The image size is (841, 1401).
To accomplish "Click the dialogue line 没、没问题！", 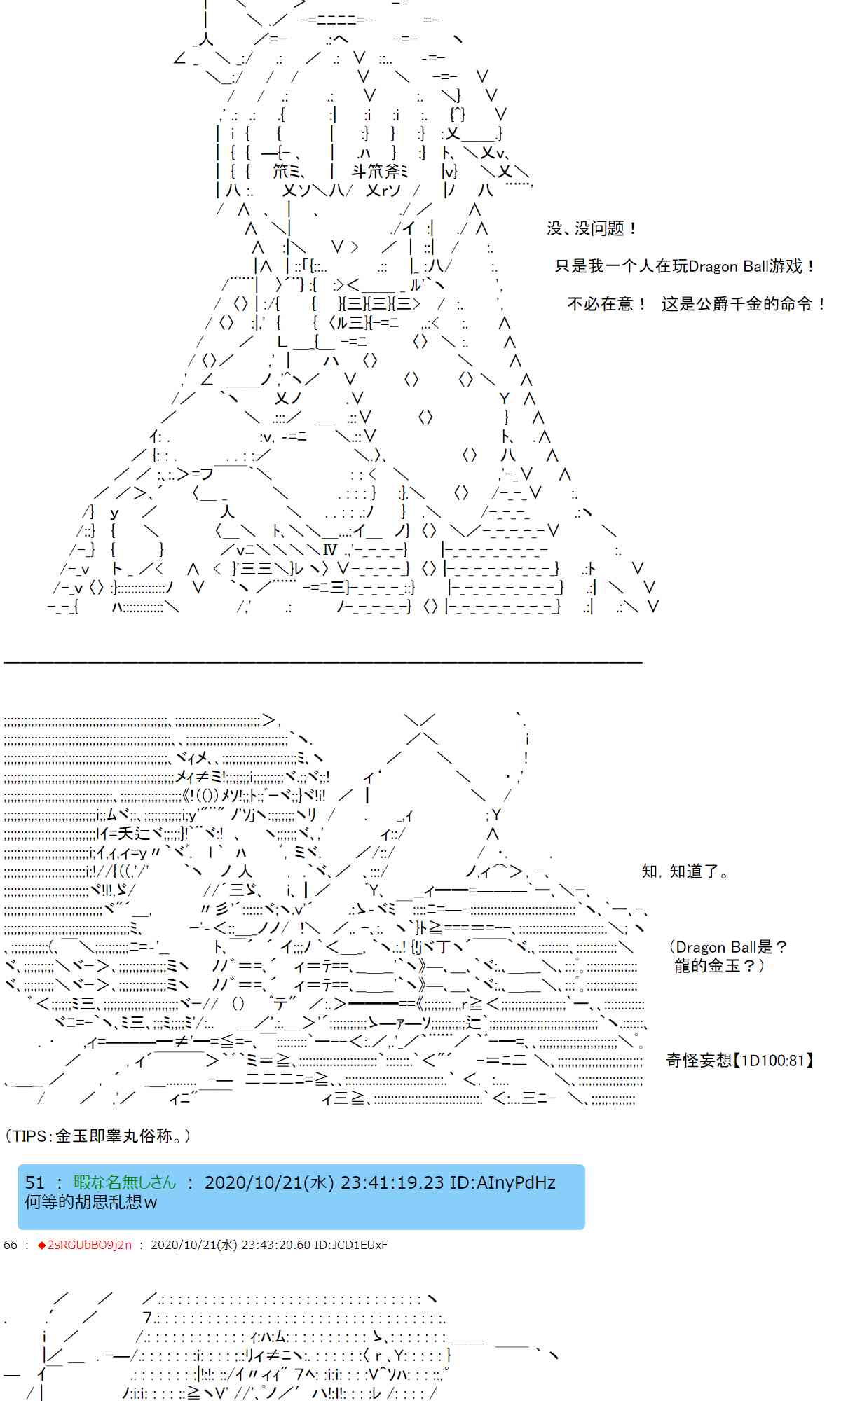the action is click(592, 228).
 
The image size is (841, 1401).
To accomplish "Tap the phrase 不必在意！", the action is click(607, 304).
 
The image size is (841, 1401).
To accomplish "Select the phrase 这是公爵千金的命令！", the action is click(744, 304).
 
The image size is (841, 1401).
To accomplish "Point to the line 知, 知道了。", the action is click(685, 871).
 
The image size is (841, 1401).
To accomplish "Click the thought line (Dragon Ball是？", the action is click(728, 947).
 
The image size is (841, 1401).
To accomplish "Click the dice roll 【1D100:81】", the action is click(775, 1061).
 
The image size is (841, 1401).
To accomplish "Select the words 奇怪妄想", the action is click(699, 1061).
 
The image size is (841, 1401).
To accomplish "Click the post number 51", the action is click(35, 1183).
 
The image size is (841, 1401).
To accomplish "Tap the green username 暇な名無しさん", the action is click(125, 1183).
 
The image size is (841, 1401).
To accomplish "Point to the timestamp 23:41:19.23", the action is click(392, 1183).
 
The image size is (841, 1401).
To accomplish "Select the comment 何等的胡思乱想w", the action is click(91, 1202).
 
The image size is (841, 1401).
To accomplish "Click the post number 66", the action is click(11, 1245).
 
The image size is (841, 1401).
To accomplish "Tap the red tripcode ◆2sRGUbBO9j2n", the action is click(84, 1245).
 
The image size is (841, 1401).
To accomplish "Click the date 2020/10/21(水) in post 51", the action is click(269, 1183).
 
